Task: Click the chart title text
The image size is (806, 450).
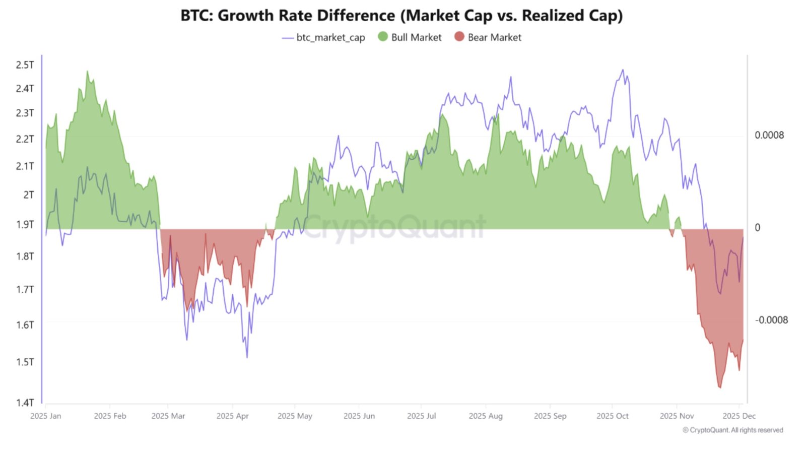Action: [x=401, y=16]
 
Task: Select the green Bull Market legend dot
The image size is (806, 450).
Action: [x=383, y=37]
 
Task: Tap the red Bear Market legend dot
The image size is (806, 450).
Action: [x=459, y=37]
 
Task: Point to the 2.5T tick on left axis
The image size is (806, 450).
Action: [x=25, y=65]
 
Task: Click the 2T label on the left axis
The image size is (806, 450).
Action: [x=28, y=195]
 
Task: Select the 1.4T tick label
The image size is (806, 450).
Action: [x=25, y=402]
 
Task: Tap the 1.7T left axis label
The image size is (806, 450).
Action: [x=25, y=289]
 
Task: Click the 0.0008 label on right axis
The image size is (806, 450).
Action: [x=769, y=135]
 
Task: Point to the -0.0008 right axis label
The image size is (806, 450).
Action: [x=771, y=320]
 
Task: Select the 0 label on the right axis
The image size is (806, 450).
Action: [x=757, y=228]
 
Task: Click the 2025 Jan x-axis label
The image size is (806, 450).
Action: [x=45, y=416]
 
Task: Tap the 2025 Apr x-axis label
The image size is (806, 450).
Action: [x=232, y=416]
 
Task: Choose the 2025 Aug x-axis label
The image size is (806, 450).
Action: [x=486, y=416]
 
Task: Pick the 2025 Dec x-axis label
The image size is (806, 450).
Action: [x=738, y=416]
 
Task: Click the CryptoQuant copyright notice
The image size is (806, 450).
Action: [x=732, y=430]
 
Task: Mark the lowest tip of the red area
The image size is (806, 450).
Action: [x=719, y=388]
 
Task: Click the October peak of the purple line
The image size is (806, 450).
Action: [x=623, y=70]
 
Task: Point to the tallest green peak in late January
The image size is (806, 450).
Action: [x=87, y=72]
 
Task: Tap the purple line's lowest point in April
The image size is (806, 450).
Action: [x=247, y=357]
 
